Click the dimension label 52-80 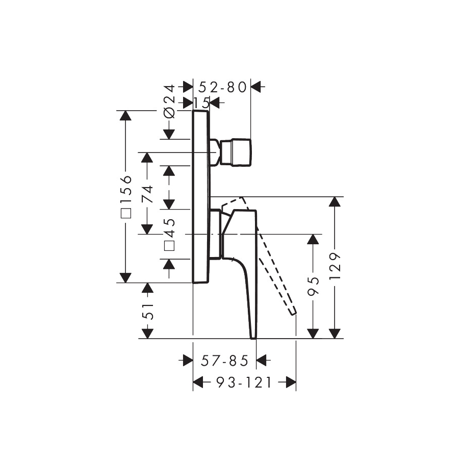(222, 87)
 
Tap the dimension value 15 (202, 103)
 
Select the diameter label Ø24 (169, 101)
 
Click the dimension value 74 (147, 194)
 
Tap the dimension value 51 (147, 311)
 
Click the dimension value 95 (313, 286)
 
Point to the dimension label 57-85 (225, 361)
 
